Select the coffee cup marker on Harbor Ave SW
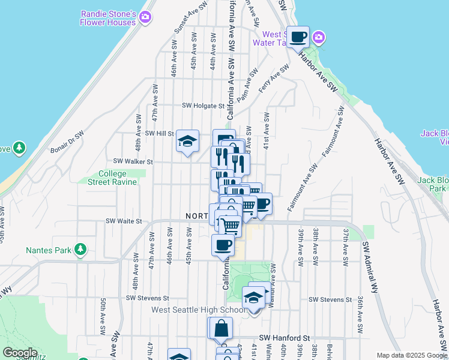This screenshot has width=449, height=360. click(x=298, y=38)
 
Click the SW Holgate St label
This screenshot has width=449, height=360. click(x=203, y=106)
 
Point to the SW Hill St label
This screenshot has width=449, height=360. click(x=160, y=133)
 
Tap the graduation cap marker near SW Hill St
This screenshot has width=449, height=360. click(x=187, y=142)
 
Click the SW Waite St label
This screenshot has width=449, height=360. click(x=124, y=221)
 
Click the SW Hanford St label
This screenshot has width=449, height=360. click(x=283, y=338)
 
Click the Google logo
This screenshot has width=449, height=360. click(x=19, y=353)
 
